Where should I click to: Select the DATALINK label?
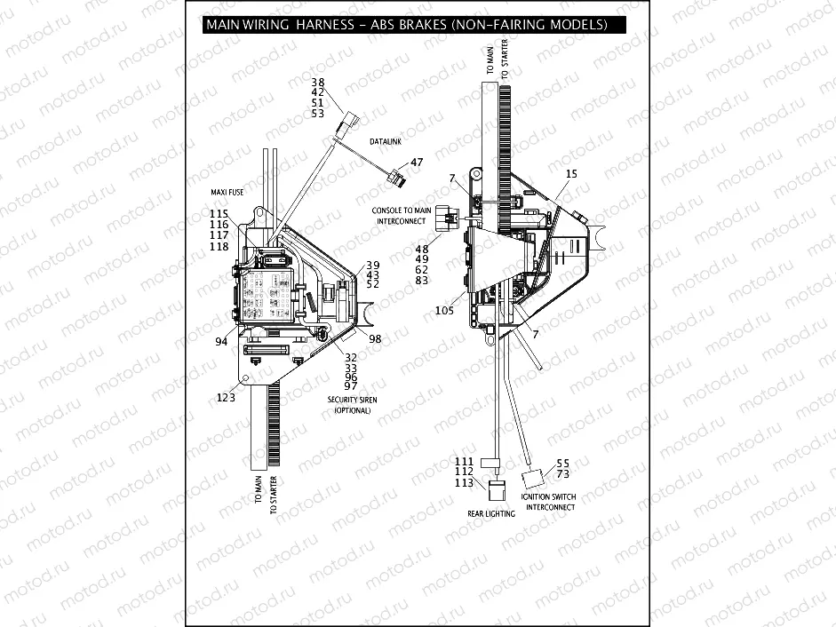[x=388, y=142]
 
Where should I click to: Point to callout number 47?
[x=417, y=163]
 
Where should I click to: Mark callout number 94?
[x=219, y=341]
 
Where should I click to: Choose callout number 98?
[x=375, y=339]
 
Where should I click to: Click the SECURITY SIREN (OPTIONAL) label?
[x=352, y=405]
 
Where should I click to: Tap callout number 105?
[x=445, y=311]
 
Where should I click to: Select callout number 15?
[x=571, y=174]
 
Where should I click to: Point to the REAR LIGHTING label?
[x=491, y=513]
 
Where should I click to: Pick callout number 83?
[x=422, y=281]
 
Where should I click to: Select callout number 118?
[x=219, y=246]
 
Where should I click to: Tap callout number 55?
[x=562, y=464]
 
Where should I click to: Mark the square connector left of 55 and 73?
[x=533, y=480]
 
